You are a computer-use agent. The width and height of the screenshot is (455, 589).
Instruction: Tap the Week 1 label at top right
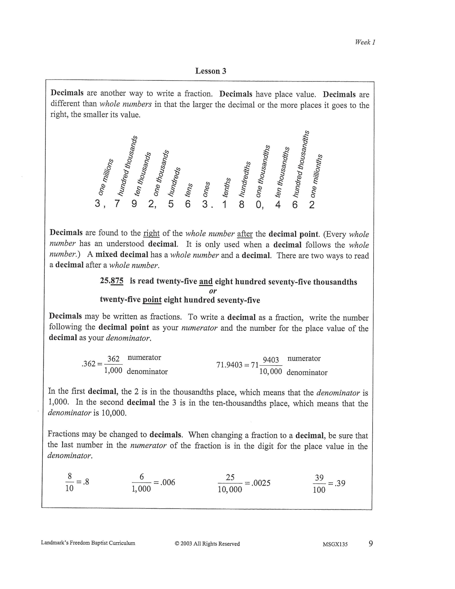point(365,42)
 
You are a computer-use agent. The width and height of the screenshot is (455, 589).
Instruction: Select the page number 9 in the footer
point(371,543)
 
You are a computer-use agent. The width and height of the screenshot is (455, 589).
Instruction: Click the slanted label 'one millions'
point(105,177)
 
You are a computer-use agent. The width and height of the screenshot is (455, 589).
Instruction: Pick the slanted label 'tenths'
point(226,187)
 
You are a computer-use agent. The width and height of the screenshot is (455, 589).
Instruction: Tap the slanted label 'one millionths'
point(316,176)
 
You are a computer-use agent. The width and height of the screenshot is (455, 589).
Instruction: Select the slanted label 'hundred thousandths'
point(301,164)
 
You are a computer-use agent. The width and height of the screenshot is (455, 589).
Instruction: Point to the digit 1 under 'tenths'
point(224,205)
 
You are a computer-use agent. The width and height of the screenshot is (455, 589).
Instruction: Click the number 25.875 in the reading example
point(112,281)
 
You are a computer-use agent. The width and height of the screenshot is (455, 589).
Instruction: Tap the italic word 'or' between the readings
point(213,291)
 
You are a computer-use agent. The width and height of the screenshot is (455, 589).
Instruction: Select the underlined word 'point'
point(152,300)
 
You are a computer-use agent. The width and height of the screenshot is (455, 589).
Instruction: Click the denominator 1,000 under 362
point(113,370)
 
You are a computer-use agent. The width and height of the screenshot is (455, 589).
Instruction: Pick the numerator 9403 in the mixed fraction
point(271,360)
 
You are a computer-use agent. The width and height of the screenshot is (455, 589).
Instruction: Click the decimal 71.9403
point(229,365)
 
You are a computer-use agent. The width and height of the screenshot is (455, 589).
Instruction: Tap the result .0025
point(261,483)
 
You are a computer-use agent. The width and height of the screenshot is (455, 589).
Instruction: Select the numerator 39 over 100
point(319,478)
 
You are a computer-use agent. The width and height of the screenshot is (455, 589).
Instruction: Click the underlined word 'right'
point(151,233)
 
